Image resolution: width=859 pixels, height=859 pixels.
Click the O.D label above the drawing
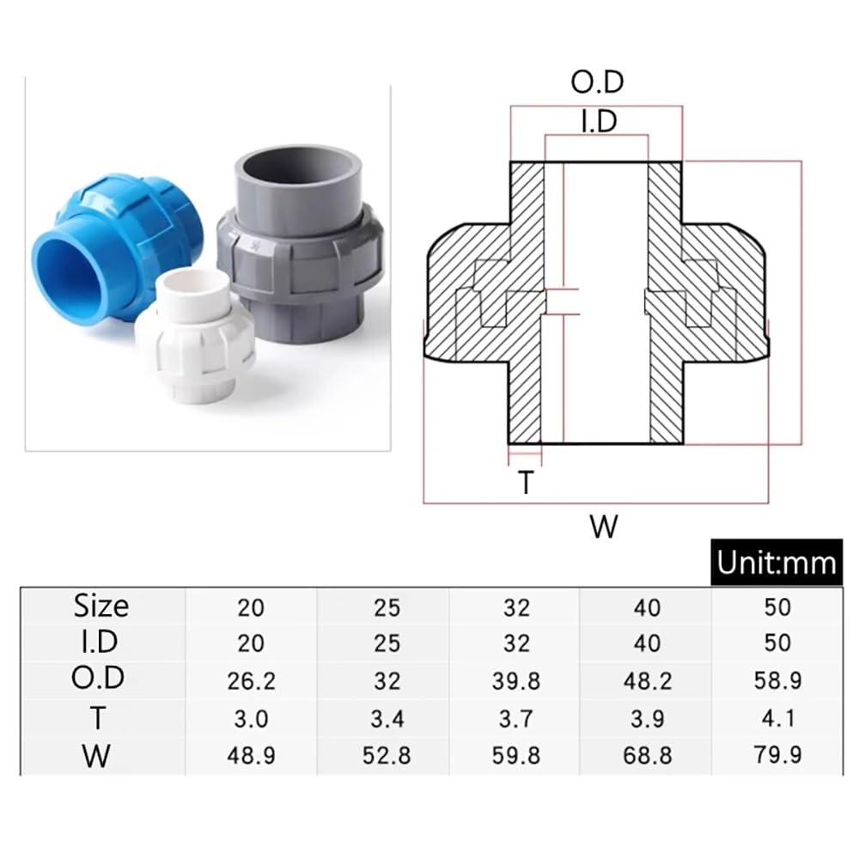(597, 82)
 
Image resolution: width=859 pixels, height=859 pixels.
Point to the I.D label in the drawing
(599, 121)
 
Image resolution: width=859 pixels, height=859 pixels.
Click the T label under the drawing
(526, 483)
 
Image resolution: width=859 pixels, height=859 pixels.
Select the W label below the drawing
(604, 527)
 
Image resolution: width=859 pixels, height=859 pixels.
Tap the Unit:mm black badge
(777, 562)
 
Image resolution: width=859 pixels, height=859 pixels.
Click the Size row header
(101, 606)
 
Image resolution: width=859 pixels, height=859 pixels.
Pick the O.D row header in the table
(98, 678)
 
